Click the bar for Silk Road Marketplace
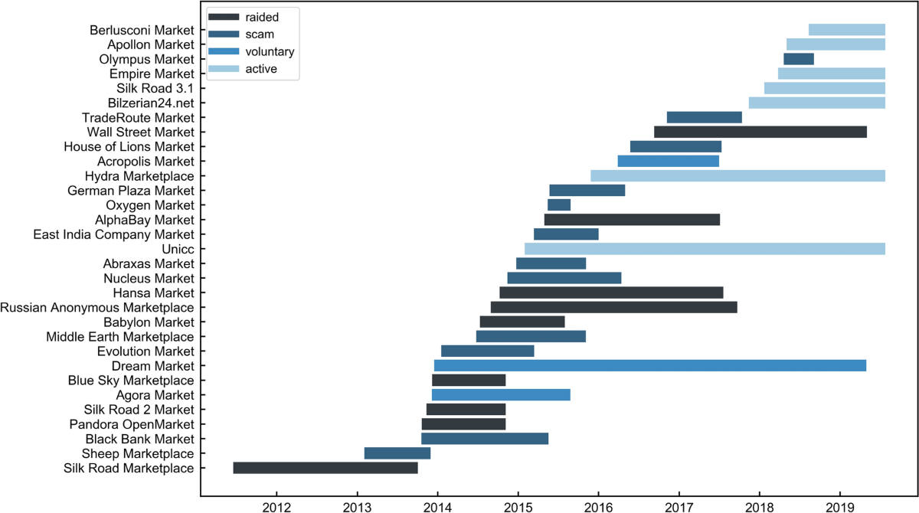point(325,468)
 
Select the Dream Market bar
point(650,365)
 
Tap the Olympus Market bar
point(799,59)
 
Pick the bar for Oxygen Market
point(559,204)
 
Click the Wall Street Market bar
point(760,132)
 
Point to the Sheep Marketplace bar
point(397,453)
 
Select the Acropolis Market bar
point(668,161)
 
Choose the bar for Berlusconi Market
point(847,30)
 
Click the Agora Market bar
point(501,395)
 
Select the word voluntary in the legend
point(270,52)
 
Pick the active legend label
point(260,70)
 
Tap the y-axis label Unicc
point(178,249)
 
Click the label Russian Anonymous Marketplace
point(97,307)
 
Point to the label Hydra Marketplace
point(139,175)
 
